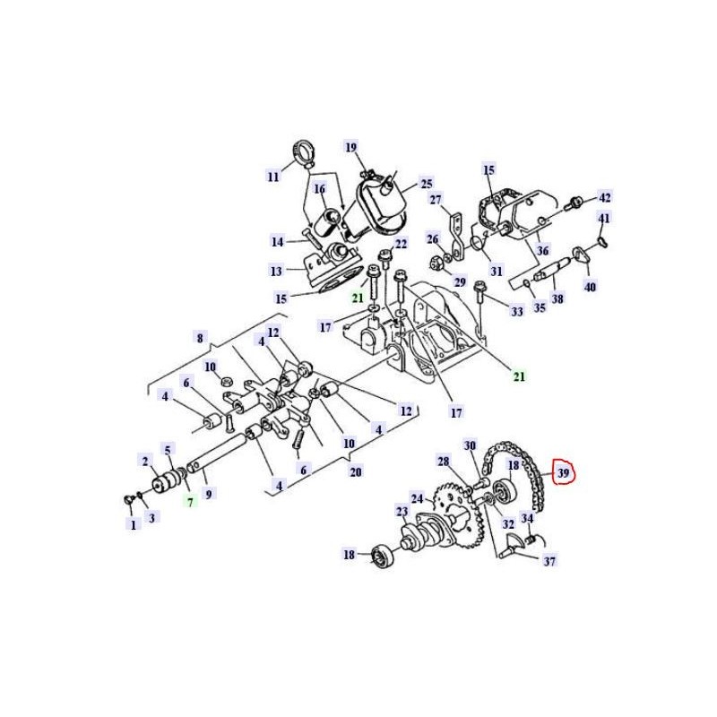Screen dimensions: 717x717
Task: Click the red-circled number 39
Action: coord(564,473)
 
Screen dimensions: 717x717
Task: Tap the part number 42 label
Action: coord(604,197)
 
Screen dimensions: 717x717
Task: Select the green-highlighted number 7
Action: coord(190,502)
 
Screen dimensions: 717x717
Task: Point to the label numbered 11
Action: coord(273,176)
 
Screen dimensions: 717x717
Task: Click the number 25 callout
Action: coord(427,184)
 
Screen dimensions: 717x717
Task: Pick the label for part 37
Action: coord(549,560)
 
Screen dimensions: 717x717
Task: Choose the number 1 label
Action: coord(133,524)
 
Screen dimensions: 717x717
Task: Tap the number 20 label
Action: coord(356,471)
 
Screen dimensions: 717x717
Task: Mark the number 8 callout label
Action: coord(200,339)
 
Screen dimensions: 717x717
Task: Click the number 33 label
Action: coord(517,311)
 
